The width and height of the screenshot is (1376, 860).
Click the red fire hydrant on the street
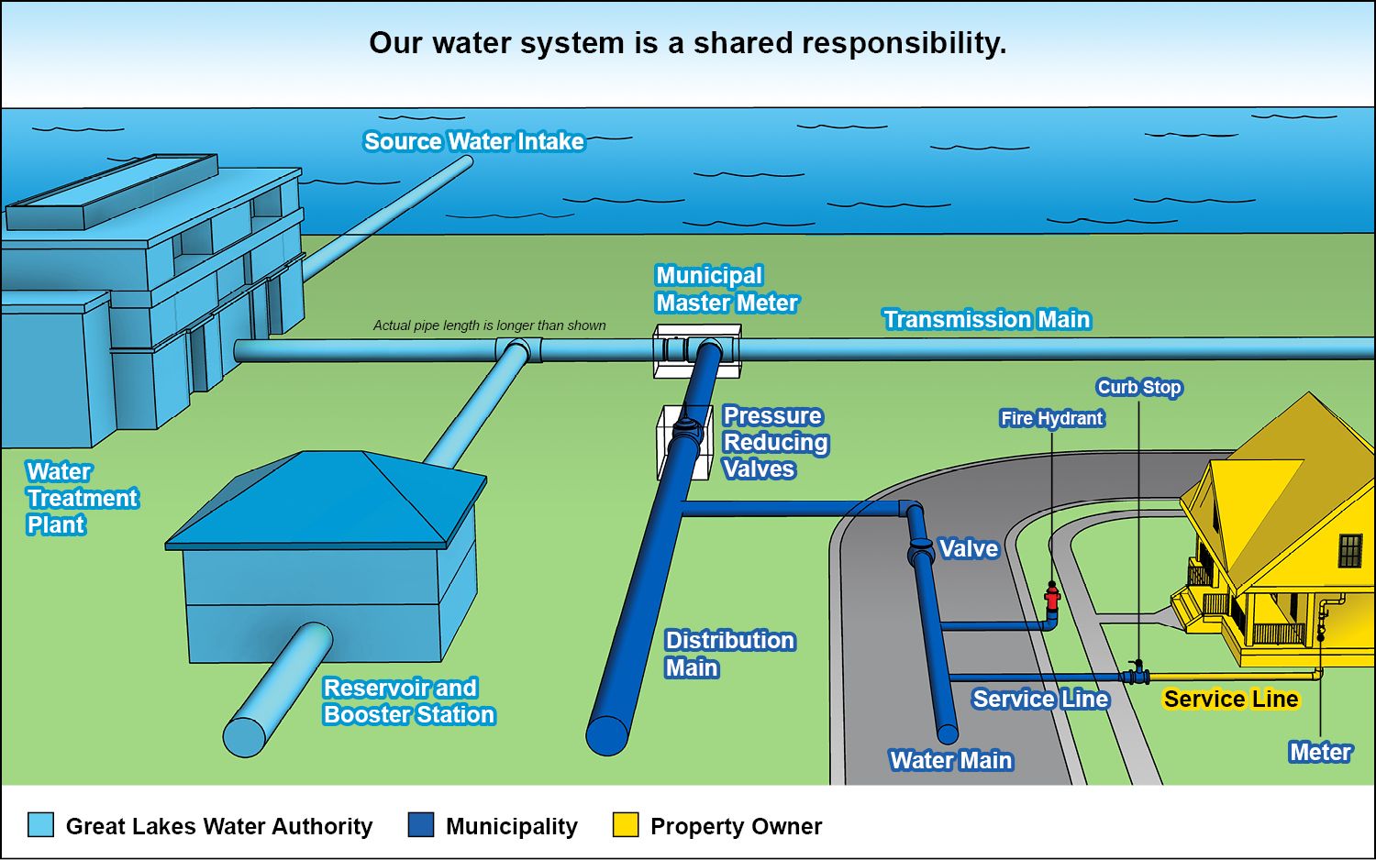pos(1052,598)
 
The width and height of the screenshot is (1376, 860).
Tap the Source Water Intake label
pos(473,141)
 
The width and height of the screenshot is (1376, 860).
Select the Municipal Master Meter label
pos(726,289)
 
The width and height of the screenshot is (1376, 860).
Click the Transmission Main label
pos(986,319)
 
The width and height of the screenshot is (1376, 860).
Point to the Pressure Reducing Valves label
pos(775,442)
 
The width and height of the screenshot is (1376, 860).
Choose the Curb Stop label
pos(1139,387)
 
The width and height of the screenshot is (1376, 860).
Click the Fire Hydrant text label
pos(1051,418)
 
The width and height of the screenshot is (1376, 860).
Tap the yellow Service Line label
pos(1230,699)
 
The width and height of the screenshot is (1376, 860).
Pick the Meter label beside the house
pos(1320,752)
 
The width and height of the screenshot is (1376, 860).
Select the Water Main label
pos(950,760)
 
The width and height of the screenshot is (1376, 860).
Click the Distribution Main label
pos(729,654)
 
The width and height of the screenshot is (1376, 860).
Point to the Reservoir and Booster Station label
pos(408,700)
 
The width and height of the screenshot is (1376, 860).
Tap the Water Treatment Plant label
pos(82,498)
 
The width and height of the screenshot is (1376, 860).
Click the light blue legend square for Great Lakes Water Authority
pos(41,824)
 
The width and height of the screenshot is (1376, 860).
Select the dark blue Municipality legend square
pos(421,824)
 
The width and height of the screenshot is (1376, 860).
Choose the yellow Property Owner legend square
pos(626,824)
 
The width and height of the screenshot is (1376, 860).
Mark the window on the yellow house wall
pos(1349,551)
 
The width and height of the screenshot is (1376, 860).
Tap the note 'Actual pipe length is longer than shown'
pos(489,325)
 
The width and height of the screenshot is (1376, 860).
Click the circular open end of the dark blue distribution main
pos(607,734)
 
